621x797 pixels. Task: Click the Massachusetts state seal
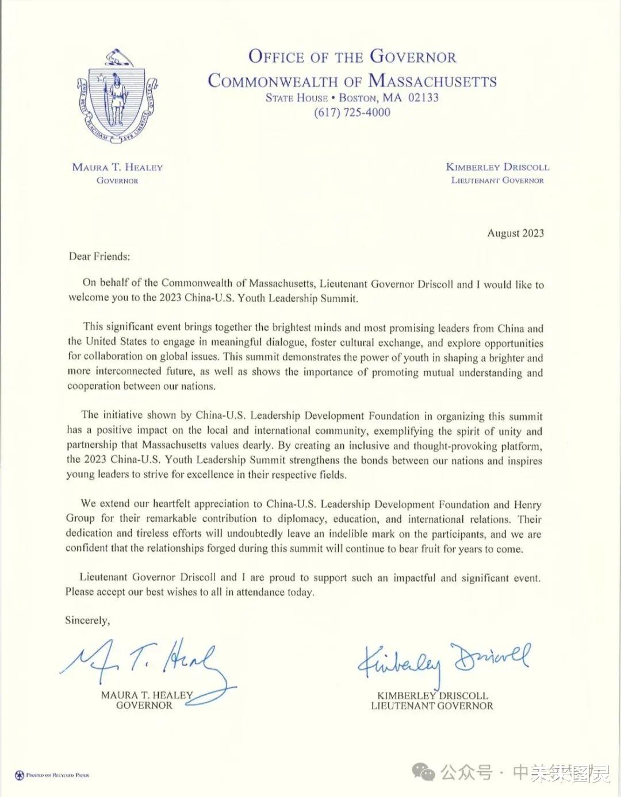coord(117,98)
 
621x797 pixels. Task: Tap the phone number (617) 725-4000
coord(352,113)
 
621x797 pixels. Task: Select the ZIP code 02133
coord(423,98)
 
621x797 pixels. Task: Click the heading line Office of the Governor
coord(352,57)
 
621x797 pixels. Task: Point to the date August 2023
coord(515,233)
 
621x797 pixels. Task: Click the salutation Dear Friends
coord(99,256)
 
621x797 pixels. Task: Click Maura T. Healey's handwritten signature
coord(144,661)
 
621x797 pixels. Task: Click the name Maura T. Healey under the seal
coord(117,167)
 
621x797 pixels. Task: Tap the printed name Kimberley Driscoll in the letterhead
coord(497,167)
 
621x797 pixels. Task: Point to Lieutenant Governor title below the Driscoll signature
coord(432,706)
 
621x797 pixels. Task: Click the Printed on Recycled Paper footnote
coord(57,775)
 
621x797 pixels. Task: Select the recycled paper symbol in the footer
coord(19,775)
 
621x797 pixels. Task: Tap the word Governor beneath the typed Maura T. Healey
coord(144,706)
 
